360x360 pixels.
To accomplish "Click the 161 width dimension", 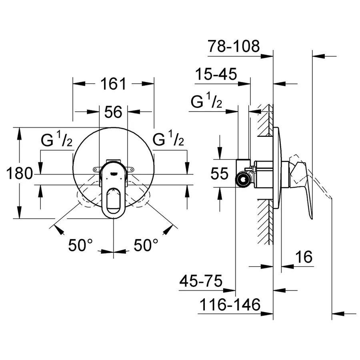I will pos(113,84).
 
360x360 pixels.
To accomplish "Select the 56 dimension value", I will pos(113,112).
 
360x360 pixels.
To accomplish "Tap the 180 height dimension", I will pos(19,174).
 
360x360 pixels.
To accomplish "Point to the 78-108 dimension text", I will pos(234,46).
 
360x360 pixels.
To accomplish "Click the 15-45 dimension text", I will pos(216,74).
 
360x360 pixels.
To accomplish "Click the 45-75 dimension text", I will pos(201,281).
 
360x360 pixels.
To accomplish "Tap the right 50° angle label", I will pos(146,245).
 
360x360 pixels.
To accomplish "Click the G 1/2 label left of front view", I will pos(56,140).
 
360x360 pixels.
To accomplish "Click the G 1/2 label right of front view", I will pos(168,140).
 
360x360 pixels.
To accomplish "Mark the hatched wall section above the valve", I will pos(265,120).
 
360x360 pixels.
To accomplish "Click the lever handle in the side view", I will pos(304,184).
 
